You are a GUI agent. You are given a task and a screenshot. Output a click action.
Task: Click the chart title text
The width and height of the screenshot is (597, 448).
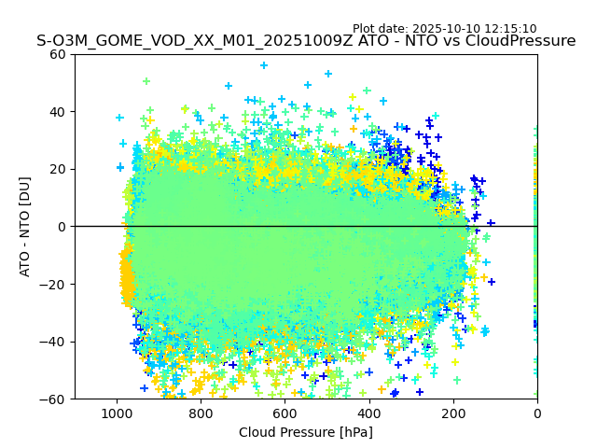coord(306,41)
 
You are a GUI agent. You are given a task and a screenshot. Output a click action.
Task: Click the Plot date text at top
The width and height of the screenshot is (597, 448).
coord(444,29)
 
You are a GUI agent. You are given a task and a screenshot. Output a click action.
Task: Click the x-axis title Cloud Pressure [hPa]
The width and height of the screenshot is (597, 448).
coord(306,432)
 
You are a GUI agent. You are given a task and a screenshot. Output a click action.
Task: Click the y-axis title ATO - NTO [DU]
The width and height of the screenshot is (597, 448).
coord(25,227)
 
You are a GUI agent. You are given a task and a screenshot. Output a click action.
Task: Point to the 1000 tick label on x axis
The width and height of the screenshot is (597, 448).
coord(117,413)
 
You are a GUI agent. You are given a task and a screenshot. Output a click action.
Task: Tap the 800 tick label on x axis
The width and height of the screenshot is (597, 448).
coord(201,413)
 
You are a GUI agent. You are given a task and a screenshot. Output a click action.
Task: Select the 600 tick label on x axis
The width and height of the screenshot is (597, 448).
coord(285,413)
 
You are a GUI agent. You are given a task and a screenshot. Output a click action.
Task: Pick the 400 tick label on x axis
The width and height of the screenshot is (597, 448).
coord(368,413)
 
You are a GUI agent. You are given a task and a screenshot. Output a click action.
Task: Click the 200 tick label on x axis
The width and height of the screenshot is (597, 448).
coord(453,413)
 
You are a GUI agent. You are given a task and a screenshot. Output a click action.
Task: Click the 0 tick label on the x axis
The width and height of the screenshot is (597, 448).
coord(537,413)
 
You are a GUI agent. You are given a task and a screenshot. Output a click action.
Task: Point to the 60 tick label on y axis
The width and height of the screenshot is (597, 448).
coord(59,54)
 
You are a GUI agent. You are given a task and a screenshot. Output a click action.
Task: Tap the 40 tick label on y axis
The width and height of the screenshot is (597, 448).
coord(59,112)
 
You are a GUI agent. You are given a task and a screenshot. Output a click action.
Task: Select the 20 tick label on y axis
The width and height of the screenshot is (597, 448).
coord(59,169)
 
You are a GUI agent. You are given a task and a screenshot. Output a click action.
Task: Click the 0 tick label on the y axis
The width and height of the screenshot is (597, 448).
coord(62,227)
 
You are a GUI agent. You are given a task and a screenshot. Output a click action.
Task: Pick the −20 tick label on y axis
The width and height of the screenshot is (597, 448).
coord(55,284)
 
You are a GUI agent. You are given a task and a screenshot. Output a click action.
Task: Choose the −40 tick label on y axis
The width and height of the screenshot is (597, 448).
coord(55,342)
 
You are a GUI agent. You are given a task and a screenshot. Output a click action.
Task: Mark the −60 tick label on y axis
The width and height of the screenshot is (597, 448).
coord(55,399)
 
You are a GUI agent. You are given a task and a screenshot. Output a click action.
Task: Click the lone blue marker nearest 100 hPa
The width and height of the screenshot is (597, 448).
coord(491,223)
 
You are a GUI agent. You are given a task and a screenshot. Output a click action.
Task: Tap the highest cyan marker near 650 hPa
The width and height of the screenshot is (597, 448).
coord(264,65)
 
